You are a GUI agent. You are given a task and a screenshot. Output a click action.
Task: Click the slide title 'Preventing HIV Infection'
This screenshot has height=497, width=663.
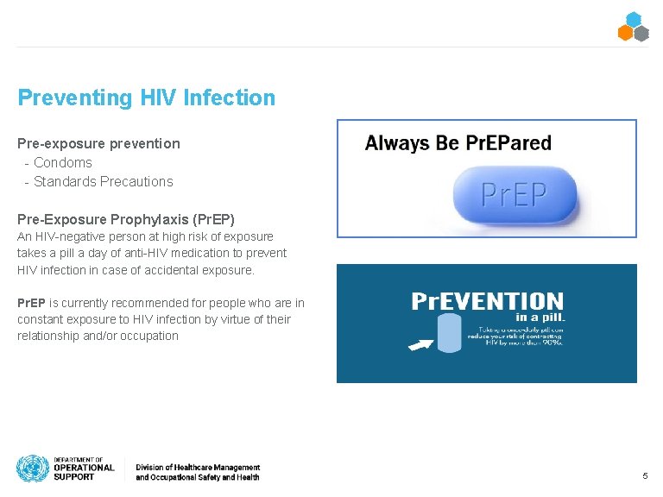[x=146, y=98]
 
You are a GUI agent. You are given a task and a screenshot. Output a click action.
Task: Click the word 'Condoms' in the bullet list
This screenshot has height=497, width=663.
[x=63, y=162]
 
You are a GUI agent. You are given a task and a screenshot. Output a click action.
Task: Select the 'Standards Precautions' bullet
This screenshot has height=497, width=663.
[x=103, y=181]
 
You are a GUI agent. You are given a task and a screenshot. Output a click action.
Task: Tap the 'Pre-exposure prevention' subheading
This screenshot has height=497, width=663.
[x=98, y=143]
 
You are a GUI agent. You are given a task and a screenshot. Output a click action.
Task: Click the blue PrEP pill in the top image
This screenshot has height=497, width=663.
[x=515, y=195]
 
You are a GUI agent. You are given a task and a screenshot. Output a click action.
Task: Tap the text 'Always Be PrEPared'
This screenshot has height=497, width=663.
[x=458, y=143]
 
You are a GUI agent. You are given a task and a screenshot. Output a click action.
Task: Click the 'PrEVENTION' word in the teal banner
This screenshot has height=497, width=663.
[x=487, y=301]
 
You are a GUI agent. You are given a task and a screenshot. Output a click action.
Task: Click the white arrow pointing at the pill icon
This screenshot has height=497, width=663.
[x=420, y=345]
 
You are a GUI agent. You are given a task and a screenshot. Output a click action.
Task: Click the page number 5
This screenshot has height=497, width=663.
[x=645, y=476]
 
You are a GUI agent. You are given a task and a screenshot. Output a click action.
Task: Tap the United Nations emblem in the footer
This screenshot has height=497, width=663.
[x=32, y=469]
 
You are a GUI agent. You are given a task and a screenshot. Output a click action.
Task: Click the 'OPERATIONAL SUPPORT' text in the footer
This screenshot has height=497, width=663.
[x=84, y=472]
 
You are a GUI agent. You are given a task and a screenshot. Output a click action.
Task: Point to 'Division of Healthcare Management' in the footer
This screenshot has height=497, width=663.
[x=197, y=467]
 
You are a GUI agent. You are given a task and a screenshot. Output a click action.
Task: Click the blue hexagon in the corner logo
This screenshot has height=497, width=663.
[x=634, y=19]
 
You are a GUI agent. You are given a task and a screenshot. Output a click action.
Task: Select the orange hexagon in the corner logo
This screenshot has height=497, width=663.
[x=626, y=34]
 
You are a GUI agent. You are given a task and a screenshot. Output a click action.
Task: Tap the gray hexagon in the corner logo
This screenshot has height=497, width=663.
[x=641, y=34]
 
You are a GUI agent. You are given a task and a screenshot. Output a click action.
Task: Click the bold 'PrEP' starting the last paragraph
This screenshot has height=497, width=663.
[x=31, y=303]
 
